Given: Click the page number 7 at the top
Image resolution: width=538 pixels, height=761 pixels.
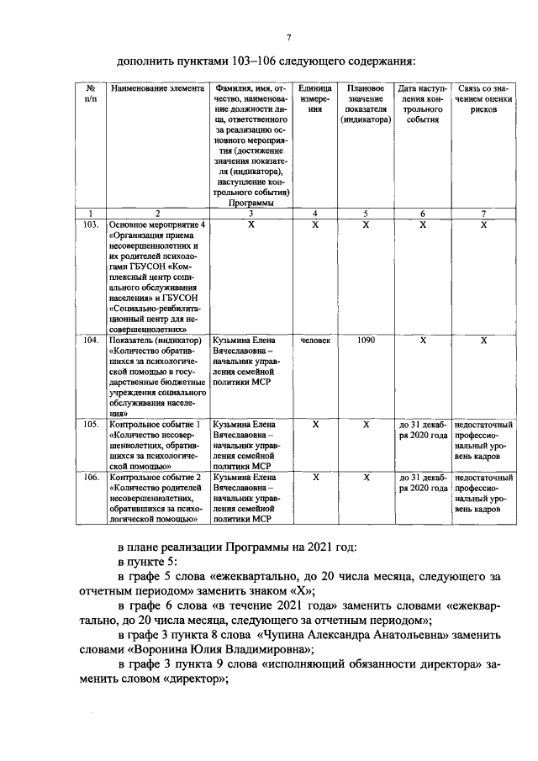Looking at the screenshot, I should (288, 36).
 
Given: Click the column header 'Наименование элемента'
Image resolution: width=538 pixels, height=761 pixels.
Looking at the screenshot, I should (157, 88).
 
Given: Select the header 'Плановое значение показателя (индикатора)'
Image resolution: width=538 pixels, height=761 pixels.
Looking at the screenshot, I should (366, 103).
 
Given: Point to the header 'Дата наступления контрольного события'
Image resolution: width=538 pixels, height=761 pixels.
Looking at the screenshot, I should (423, 103).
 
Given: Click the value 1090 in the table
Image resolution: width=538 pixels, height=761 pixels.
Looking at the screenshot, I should (366, 341).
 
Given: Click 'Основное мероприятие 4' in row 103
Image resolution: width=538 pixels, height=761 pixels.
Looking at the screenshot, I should (157, 225).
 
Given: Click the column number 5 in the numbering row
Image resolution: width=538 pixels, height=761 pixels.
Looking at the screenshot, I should (366, 214).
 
